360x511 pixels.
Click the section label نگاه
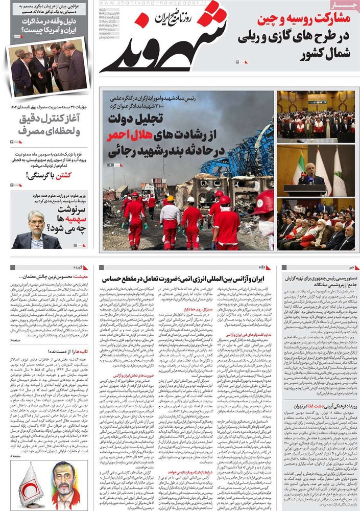(x=261, y=267)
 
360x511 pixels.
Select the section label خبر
(x=350, y=267)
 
